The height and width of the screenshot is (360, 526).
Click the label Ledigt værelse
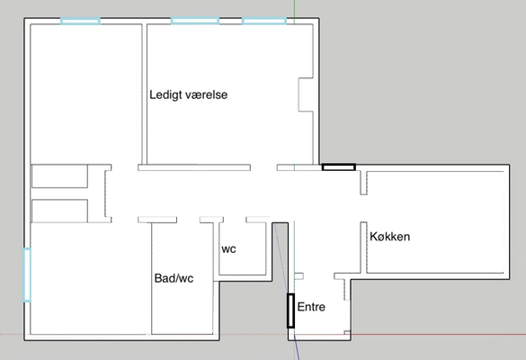188,95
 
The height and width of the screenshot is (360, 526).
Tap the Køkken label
390,237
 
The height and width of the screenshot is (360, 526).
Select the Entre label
311,307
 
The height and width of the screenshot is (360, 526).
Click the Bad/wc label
174,278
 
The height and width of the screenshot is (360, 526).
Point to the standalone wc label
228,249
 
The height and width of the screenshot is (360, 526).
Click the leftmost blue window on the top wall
80,22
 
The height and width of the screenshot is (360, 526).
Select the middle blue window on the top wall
195,21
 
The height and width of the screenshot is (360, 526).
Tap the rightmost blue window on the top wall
264,22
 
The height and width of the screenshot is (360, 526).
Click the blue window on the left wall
27,275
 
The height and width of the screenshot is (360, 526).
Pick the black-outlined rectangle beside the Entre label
290,310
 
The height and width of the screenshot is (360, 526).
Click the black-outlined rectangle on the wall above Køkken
339,166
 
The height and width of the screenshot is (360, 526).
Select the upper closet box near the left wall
59,176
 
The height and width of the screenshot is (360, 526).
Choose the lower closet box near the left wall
59,211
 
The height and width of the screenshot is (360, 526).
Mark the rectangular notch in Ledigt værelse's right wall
306,94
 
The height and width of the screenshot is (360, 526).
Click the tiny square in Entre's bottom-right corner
347,333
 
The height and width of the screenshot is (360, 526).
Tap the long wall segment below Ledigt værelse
194,167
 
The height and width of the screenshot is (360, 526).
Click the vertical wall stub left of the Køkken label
363,247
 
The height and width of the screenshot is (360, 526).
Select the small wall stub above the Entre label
299,276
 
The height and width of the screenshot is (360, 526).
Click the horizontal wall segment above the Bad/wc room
157,220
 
